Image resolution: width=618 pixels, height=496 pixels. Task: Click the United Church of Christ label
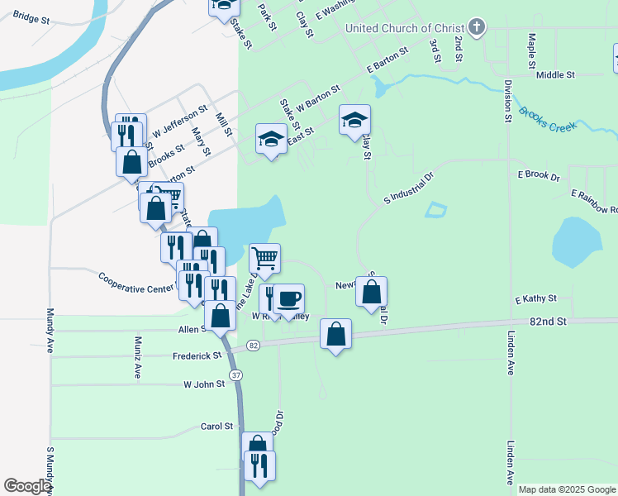(405, 28)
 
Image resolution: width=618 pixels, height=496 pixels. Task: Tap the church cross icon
(476, 28)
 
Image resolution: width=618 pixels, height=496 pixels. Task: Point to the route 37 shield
(236, 374)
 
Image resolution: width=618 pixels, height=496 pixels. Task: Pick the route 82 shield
(253, 345)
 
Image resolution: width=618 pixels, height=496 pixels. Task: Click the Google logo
(28, 486)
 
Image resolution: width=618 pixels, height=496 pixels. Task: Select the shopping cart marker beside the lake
(264, 258)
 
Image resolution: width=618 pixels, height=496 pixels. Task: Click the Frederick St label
(197, 356)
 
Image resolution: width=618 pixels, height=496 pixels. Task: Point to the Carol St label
(216, 427)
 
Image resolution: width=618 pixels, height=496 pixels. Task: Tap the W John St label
(204, 384)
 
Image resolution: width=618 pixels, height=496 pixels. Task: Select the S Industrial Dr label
(409, 188)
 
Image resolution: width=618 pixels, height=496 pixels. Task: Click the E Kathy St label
(536, 298)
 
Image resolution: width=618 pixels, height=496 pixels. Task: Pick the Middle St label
(555, 75)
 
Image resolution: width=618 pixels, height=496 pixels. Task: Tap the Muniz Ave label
(138, 356)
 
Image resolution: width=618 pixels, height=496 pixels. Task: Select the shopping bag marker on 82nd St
(335, 334)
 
